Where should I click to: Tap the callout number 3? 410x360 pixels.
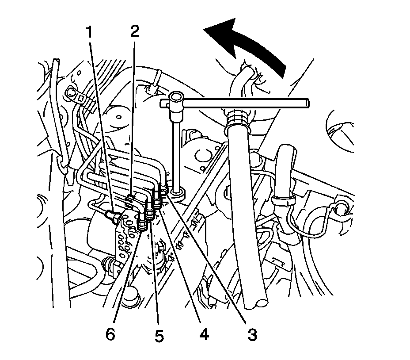[x=252, y=335]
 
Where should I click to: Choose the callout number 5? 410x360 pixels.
[x=159, y=337]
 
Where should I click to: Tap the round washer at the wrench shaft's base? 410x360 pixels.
[x=178, y=193]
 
